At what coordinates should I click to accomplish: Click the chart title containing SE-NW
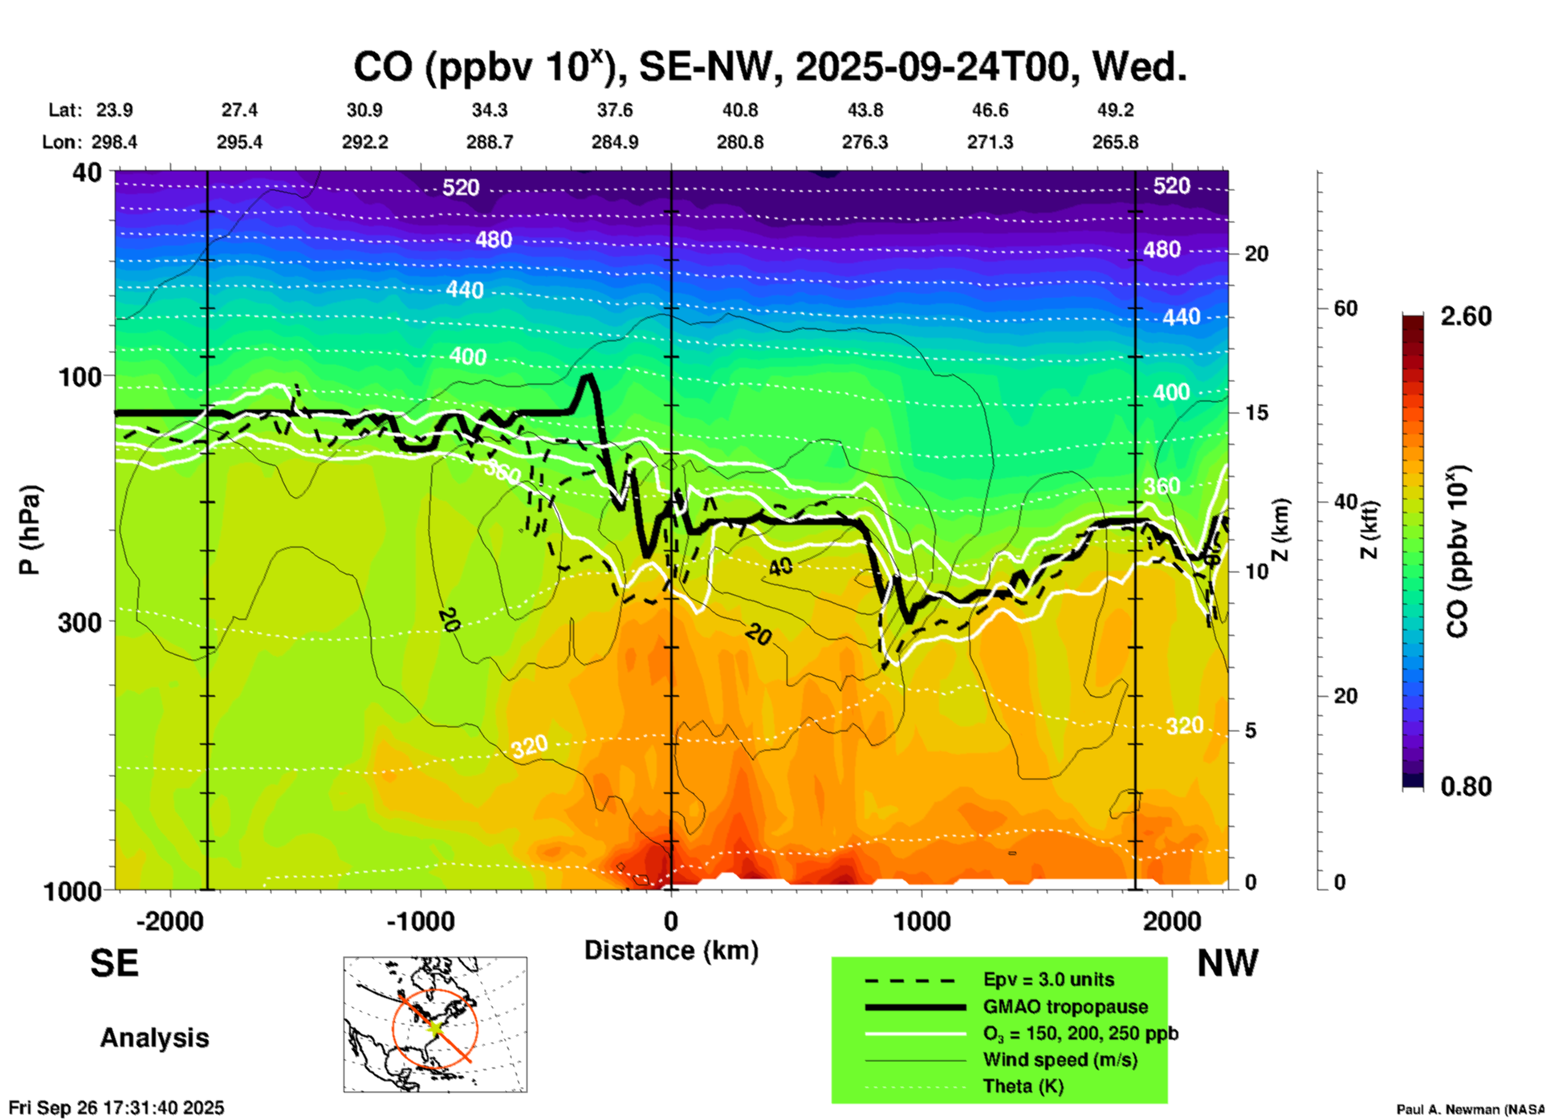[x=769, y=67]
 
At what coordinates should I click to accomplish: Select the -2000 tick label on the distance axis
[x=169, y=922]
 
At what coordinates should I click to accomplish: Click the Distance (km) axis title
[x=671, y=950]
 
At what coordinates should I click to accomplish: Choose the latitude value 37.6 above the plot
[x=615, y=110]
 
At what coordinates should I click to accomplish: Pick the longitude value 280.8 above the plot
[x=739, y=142]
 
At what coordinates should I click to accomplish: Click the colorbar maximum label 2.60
[x=1466, y=316]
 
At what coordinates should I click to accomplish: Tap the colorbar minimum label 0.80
[x=1466, y=786]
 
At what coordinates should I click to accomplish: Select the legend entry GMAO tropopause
[x=1065, y=1007]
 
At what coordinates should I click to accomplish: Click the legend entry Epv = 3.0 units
[x=1048, y=980]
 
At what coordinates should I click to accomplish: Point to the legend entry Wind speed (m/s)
[x=1060, y=1060]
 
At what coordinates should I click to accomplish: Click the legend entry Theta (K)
[x=1023, y=1086]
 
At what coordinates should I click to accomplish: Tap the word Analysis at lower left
[x=154, y=1038]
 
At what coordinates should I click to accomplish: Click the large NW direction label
[x=1227, y=963]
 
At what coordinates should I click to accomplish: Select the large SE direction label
[x=114, y=963]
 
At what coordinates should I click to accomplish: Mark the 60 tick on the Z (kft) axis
[x=1345, y=309]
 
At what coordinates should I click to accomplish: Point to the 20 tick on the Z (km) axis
[x=1256, y=254]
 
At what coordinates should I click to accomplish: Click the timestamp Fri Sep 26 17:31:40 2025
[x=116, y=1108]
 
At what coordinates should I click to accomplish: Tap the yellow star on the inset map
[x=434, y=1027]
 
